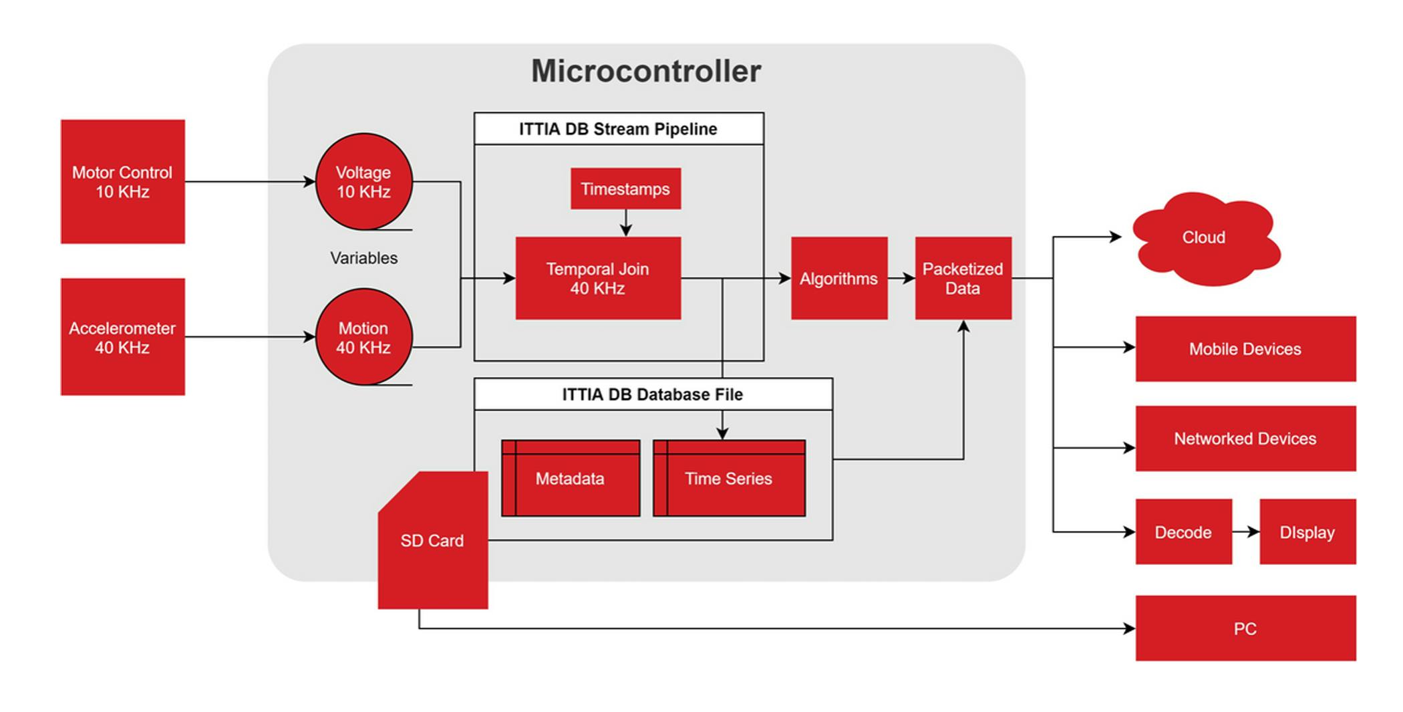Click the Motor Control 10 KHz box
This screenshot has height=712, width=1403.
click(122, 182)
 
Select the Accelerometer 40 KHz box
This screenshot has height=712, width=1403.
click(122, 337)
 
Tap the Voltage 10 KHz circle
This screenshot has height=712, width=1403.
click(363, 182)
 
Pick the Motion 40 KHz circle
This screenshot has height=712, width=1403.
click(363, 337)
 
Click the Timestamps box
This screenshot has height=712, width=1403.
click(625, 189)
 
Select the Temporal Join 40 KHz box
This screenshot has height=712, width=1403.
click(598, 279)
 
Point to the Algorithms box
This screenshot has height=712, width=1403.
click(839, 279)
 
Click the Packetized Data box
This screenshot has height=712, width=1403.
click(963, 279)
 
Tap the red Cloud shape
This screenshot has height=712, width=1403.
click(1205, 238)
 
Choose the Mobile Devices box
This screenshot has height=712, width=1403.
click(1245, 349)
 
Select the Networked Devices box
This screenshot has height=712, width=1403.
click(1245, 439)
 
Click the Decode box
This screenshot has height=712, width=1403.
click(1183, 532)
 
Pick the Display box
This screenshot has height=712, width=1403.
click(1307, 532)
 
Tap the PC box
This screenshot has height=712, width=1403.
click(1245, 628)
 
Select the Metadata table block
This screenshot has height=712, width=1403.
click(571, 479)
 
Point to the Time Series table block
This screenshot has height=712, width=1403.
click(729, 479)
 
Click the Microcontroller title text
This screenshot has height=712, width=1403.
click(646, 72)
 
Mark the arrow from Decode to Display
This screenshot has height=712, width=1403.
click(1246, 532)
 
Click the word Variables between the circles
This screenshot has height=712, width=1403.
click(363, 258)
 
